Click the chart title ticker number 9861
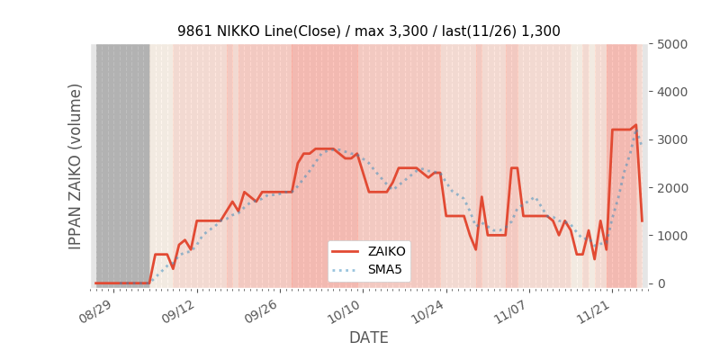coord(193,31)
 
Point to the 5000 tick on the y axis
coord(670,44)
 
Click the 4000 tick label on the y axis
coord(670,92)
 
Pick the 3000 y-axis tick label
coord(670,139)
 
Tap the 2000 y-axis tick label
coord(670,187)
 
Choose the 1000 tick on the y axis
coord(670,236)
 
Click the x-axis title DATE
coord(369,338)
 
